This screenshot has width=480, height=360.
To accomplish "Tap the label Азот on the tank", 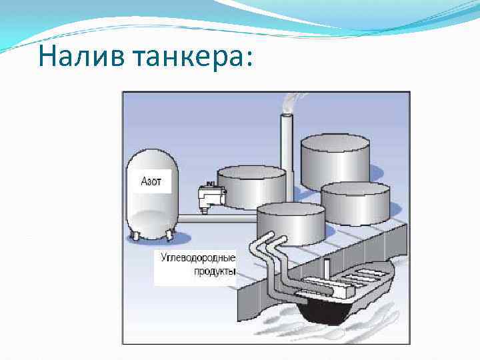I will tap(151, 181).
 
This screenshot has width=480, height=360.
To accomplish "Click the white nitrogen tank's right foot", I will tap(171, 235).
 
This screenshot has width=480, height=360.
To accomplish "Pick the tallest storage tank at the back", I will tap(335, 163).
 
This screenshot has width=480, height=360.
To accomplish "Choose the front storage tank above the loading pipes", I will tap(291, 223).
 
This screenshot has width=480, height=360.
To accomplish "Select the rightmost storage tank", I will tap(355, 203).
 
